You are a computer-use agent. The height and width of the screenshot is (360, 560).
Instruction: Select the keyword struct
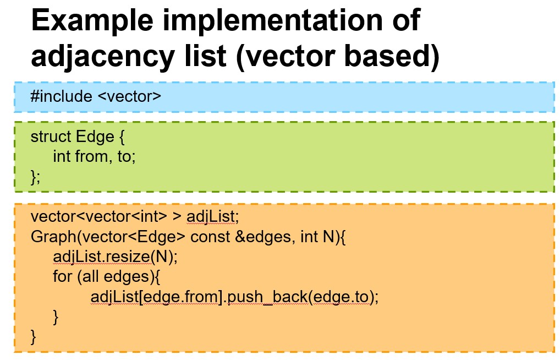[51, 137]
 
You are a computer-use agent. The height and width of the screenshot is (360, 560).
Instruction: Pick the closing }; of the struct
[35, 177]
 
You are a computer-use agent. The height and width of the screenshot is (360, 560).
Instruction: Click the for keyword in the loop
[62, 277]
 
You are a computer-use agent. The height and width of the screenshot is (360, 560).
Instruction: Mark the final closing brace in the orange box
[34, 336]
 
